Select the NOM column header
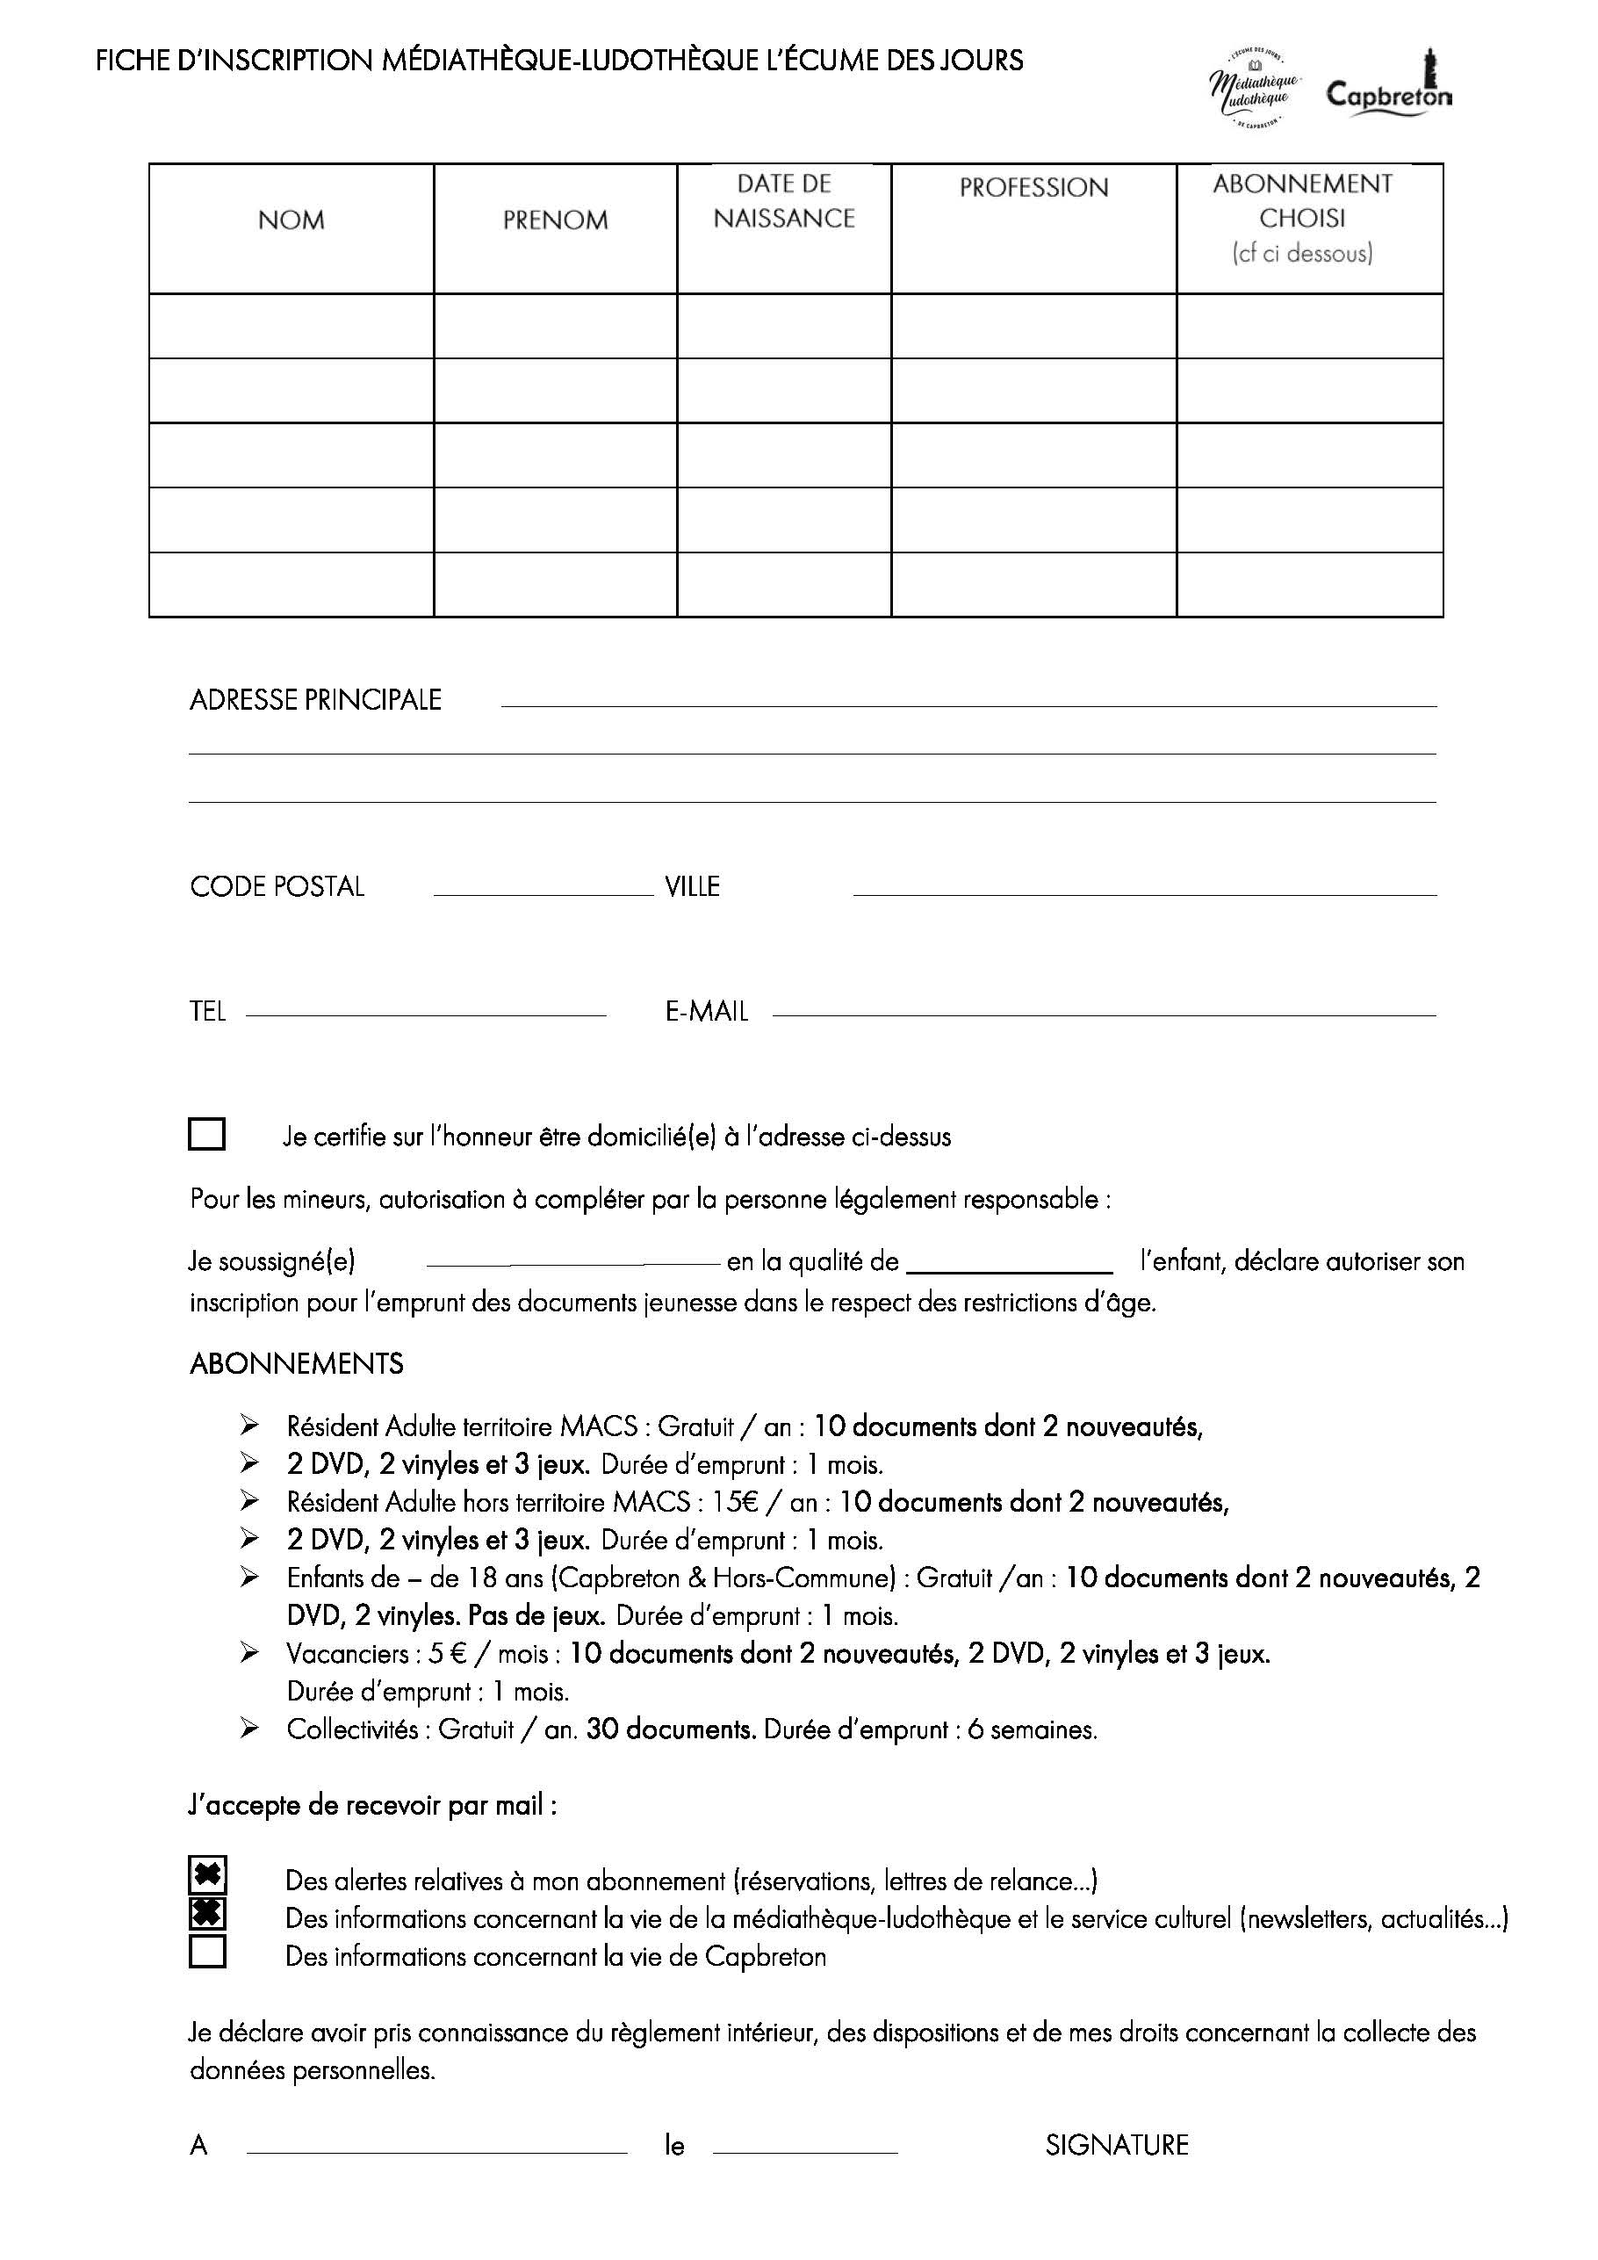(x=292, y=220)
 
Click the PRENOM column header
(x=555, y=220)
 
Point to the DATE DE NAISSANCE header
(x=784, y=201)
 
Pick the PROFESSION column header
(x=1033, y=187)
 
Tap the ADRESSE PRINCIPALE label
(x=315, y=700)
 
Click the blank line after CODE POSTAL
(x=543, y=892)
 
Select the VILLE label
(x=692, y=887)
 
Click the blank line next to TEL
(x=425, y=1013)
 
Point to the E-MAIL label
(x=707, y=1012)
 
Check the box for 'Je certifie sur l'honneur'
(x=206, y=1134)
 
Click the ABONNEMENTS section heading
(x=296, y=1363)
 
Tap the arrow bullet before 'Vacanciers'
(x=249, y=1653)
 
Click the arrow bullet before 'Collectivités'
(x=249, y=1729)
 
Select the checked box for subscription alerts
(x=206, y=1876)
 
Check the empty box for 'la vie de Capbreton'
(x=206, y=1952)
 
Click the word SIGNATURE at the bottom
(x=1117, y=2145)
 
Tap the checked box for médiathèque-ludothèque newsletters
(x=206, y=1915)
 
